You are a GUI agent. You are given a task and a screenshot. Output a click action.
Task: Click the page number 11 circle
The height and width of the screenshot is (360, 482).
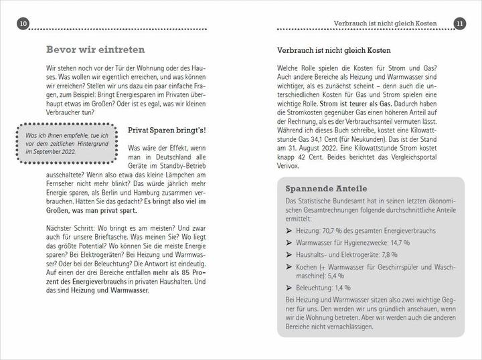459,24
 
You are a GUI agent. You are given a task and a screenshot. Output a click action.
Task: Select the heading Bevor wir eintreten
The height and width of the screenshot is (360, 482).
95,50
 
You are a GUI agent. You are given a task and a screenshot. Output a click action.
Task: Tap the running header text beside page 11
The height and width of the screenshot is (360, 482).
386,24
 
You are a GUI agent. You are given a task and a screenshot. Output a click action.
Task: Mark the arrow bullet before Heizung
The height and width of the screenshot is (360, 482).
289,231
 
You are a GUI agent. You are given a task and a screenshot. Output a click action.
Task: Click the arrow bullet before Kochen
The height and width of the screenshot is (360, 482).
289,267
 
